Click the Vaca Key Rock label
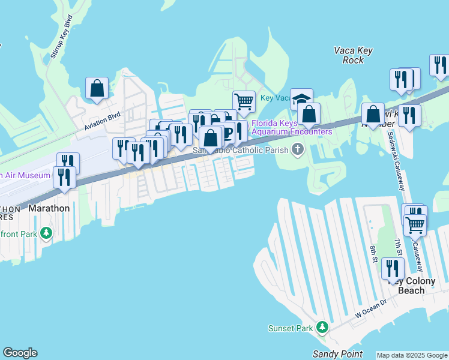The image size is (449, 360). [353, 55]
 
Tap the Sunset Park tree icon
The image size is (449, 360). [322, 327]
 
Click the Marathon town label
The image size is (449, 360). [49, 208]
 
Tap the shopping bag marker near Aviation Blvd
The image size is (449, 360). [97, 88]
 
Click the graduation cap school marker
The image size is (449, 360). [301, 99]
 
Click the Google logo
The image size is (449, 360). [20, 353]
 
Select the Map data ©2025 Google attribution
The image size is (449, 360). [412, 355]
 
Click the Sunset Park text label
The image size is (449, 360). [291, 328]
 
